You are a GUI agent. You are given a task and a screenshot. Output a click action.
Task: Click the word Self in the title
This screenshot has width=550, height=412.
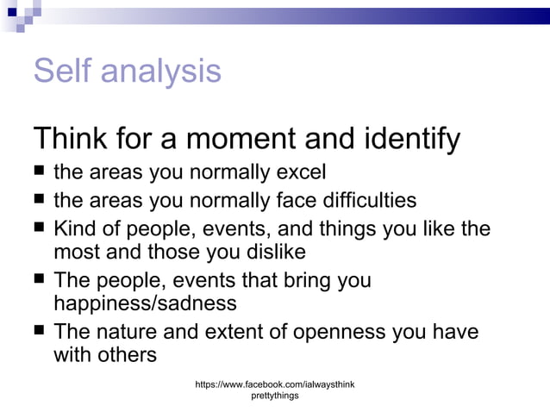click(x=63, y=71)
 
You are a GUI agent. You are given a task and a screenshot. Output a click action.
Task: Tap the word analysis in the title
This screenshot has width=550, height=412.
click(x=161, y=72)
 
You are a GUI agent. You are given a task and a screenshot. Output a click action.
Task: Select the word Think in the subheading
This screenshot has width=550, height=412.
click(x=74, y=138)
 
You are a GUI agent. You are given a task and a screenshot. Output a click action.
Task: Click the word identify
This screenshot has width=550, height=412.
click(x=412, y=139)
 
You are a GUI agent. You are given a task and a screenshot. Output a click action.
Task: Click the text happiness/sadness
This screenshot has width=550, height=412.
click(x=144, y=303)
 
